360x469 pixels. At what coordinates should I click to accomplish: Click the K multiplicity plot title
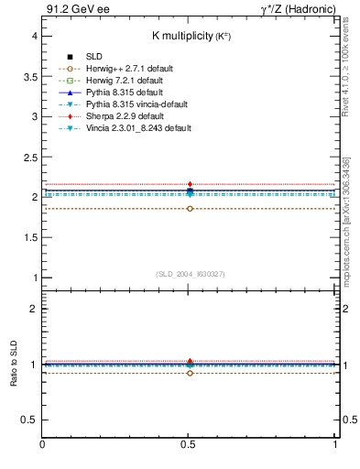coord(190,36)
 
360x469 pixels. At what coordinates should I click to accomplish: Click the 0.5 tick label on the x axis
coord(190,444)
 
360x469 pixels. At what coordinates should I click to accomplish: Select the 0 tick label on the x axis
coord(42,444)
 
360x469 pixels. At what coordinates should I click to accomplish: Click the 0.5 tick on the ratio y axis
coord(30,420)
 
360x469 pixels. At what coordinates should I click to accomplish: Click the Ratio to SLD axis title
coord(14,365)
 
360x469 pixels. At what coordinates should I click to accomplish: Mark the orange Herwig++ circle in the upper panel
coord(190,209)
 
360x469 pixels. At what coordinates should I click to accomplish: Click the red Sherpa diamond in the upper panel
coord(190,184)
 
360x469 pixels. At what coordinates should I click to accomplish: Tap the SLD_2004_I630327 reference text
coord(190,274)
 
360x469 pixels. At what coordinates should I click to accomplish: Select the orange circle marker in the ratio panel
coord(190,373)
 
